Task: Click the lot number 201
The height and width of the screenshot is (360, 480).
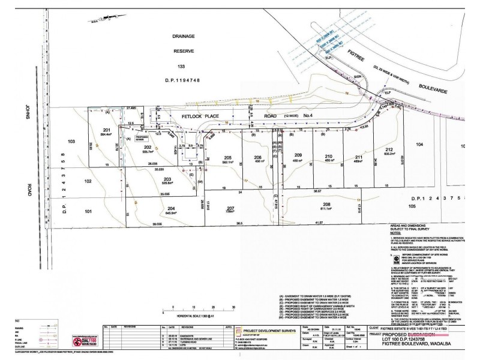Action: point(107,130)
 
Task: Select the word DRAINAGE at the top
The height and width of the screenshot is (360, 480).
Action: point(190,35)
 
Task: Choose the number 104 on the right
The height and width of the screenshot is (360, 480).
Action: point(420,145)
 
